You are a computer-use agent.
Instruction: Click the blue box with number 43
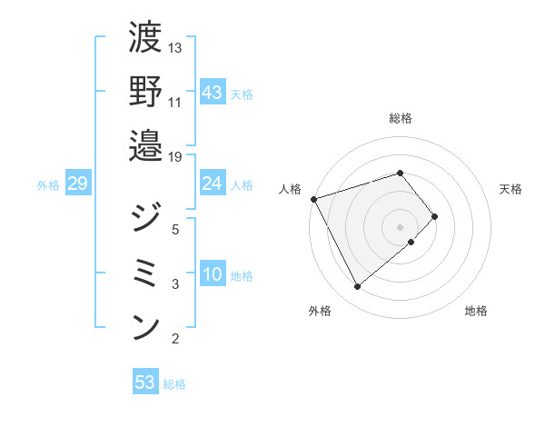pyautogui.click(x=212, y=93)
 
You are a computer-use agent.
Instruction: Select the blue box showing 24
pyautogui.click(x=212, y=184)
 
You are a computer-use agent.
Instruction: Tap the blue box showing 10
pyautogui.click(x=212, y=275)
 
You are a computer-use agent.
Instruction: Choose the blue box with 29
pyautogui.click(x=77, y=184)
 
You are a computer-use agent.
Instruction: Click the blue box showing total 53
pyautogui.click(x=145, y=382)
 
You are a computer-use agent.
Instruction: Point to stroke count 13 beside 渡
pyautogui.click(x=175, y=47)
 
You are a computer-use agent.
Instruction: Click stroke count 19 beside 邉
pyautogui.click(x=175, y=156)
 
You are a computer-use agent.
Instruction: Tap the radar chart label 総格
pyautogui.click(x=400, y=118)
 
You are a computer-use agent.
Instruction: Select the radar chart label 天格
pyautogui.click(x=510, y=189)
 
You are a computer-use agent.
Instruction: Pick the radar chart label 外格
pyautogui.click(x=319, y=312)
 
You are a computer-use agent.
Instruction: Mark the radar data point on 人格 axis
pyautogui.click(x=313, y=198)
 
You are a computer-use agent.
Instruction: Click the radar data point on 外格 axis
pyautogui.click(x=357, y=287)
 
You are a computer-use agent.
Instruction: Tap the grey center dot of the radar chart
pyautogui.click(x=400, y=225)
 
